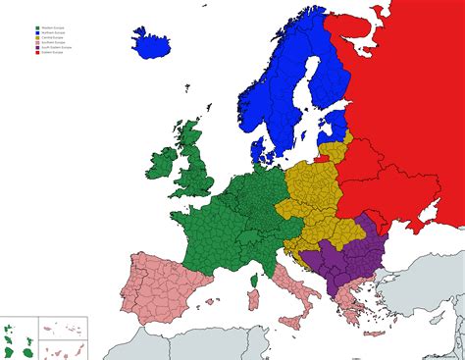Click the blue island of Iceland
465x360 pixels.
pos(151,44)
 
